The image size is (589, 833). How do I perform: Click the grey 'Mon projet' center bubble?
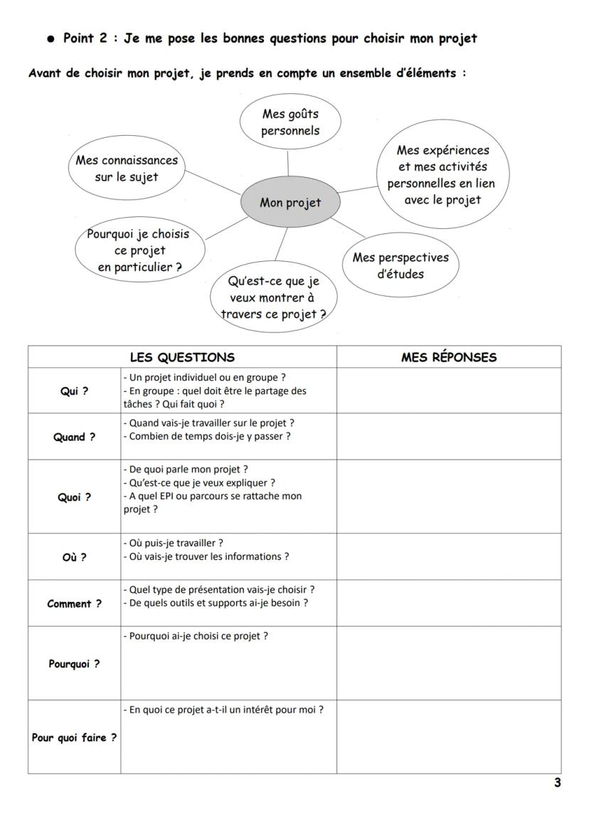290,203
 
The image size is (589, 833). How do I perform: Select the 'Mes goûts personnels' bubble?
290,122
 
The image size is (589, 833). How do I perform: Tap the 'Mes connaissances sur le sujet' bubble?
127,169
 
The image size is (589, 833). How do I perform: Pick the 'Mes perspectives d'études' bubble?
400,265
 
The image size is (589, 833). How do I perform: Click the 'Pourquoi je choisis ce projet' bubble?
139,250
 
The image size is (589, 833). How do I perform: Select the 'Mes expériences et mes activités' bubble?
442,175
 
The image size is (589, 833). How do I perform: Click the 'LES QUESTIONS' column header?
182,357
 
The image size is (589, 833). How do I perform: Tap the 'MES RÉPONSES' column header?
449,357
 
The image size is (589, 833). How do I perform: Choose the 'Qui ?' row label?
74,391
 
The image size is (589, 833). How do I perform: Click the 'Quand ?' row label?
74,437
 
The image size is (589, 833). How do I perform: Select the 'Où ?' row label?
74,557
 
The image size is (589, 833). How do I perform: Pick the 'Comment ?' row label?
74,603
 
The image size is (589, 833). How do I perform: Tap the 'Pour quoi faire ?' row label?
74,737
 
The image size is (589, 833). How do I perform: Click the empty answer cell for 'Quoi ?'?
449,497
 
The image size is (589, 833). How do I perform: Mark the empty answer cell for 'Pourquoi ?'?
449,663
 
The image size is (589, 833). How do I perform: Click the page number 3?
557,783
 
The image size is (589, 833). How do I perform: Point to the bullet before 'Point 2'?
51,39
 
